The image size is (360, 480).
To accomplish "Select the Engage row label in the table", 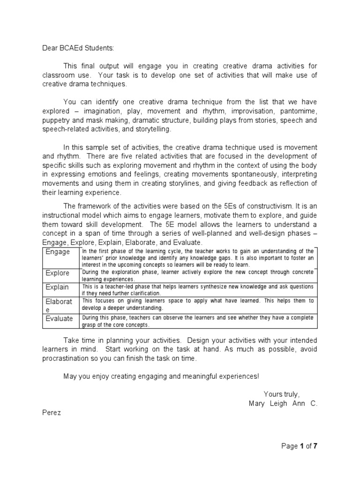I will [57, 252].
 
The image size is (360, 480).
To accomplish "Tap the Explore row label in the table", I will [57, 273].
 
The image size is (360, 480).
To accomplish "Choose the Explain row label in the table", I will [57, 287].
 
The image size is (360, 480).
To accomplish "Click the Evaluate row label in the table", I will [59, 319].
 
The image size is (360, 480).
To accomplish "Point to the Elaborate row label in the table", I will [59, 302].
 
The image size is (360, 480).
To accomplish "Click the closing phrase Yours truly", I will [281, 394].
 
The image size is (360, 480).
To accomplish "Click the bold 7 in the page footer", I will [315, 446].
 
